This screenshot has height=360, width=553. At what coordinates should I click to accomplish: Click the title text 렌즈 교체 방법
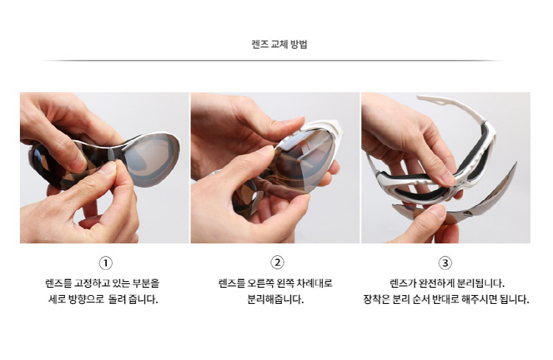pyautogui.click(x=279, y=44)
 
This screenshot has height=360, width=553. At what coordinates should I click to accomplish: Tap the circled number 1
pyautogui.click(x=105, y=263)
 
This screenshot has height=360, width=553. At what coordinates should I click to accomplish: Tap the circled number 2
pyautogui.click(x=277, y=262)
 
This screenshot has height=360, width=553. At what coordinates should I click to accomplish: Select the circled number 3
pyautogui.click(x=445, y=263)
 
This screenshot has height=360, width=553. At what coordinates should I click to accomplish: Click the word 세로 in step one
pyautogui.click(x=56, y=300)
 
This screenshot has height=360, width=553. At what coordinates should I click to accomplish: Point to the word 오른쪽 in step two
pyautogui.click(x=260, y=283)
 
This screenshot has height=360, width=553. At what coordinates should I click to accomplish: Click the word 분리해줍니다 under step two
pyautogui.click(x=275, y=300)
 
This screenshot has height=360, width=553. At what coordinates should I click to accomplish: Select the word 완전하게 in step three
pyautogui.click(x=437, y=283)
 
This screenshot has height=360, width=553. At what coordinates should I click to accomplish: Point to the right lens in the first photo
pyautogui.click(x=150, y=160)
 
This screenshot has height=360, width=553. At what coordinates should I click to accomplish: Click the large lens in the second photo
pyautogui.click(x=303, y=161)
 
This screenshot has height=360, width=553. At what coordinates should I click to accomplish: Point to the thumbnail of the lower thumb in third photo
pyautogui.click(x=437, y=211)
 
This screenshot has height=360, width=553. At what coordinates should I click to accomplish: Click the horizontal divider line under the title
pyautogui.click(x=274, y=60)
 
